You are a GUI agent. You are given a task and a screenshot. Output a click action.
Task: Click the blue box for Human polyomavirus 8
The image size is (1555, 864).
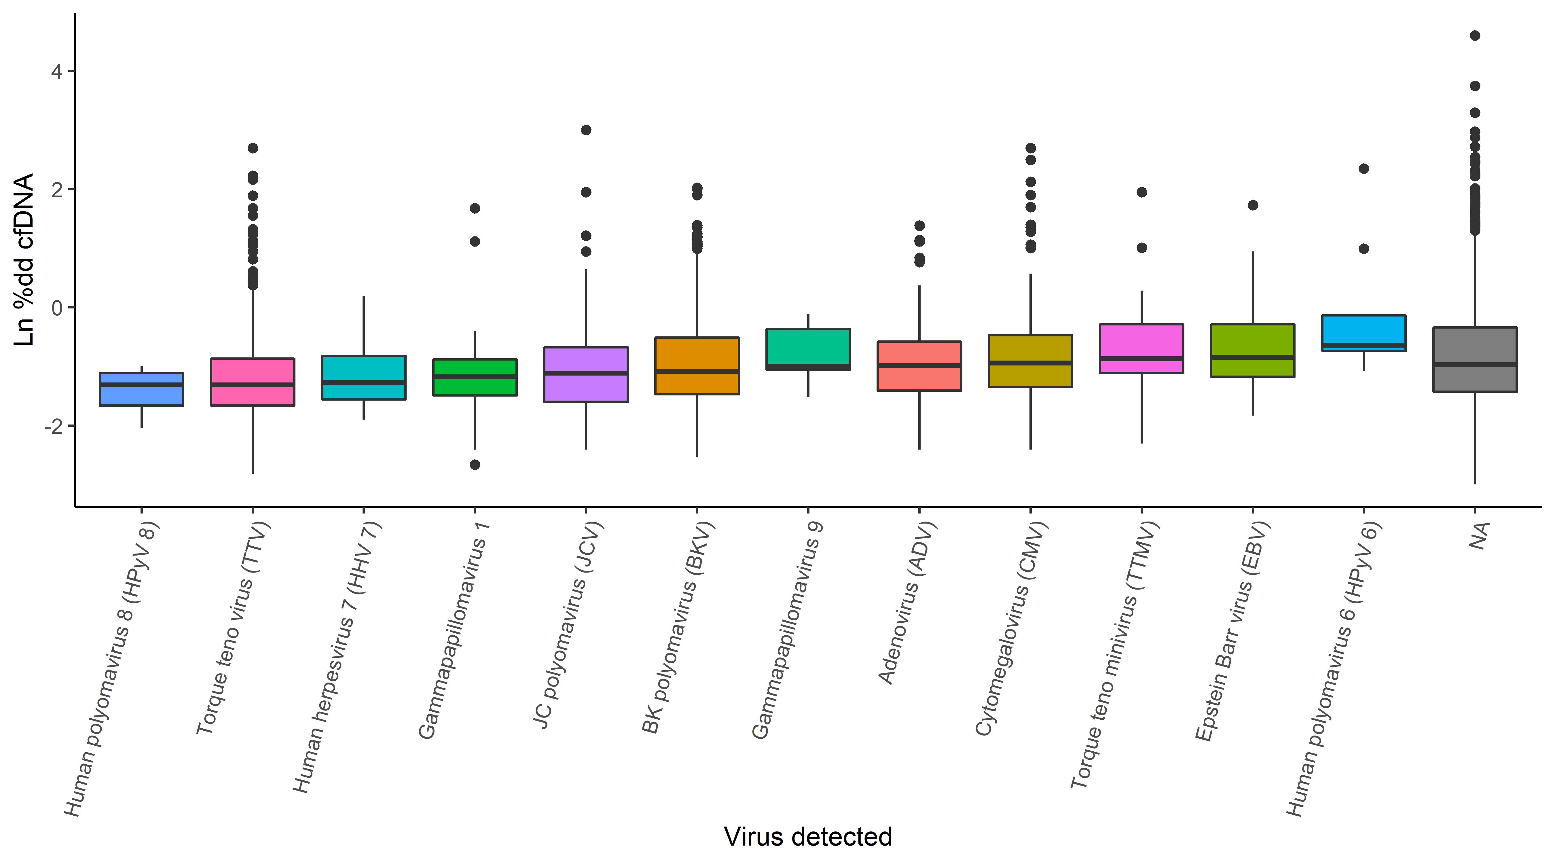(141, 389)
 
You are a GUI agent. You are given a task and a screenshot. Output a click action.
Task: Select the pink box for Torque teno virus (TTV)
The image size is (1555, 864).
(252, 382)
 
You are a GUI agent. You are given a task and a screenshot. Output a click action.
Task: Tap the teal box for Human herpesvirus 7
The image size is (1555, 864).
(363, 377)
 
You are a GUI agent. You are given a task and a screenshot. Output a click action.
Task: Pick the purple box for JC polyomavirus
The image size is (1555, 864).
(585, 374)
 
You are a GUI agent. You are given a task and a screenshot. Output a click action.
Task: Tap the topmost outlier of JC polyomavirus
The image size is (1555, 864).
(585, 130)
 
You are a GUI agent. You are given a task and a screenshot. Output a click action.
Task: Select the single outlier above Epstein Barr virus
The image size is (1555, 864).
(1253, 205)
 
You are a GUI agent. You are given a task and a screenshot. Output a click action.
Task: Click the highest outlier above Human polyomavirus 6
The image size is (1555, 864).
(1363, 168)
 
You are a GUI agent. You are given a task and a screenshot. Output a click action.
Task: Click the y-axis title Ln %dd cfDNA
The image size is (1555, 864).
(24, 259)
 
